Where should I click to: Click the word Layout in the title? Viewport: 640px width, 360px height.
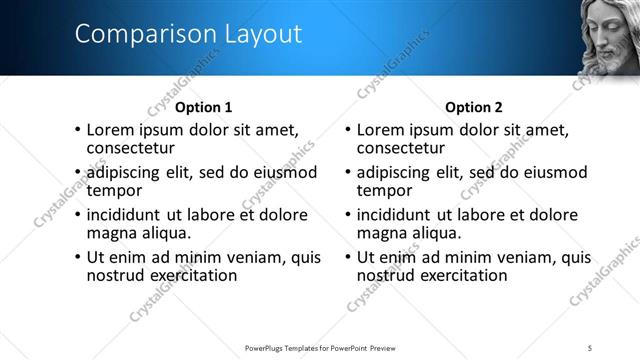256,34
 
